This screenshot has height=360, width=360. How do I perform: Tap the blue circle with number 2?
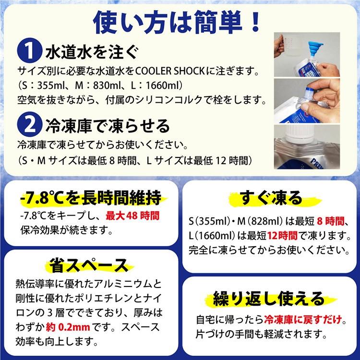click(x=28, y=126)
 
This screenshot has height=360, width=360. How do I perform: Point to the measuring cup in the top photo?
click(x=290, y=48)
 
